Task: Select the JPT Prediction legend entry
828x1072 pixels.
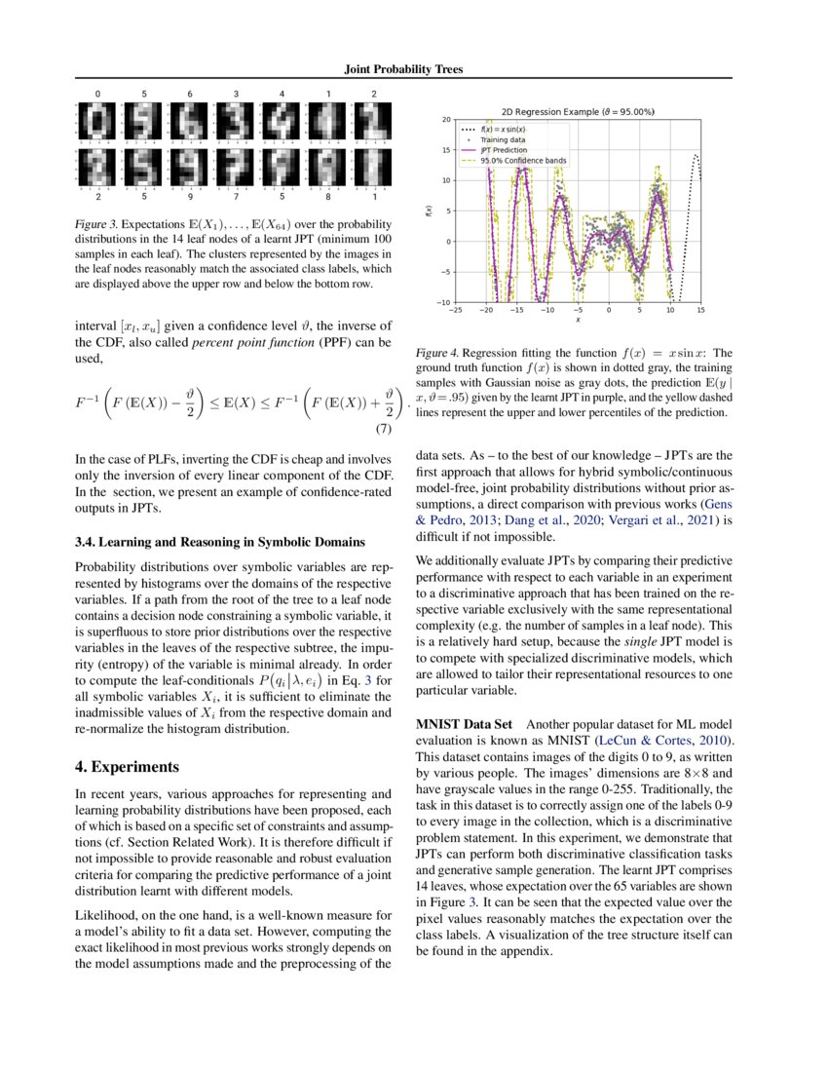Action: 504,150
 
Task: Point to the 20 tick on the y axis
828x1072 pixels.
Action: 445,120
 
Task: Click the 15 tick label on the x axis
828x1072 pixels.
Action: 700,310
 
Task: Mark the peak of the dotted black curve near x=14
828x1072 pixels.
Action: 696,155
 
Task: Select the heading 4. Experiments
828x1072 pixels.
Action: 128,765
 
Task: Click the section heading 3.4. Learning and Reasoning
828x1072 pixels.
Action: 207,540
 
